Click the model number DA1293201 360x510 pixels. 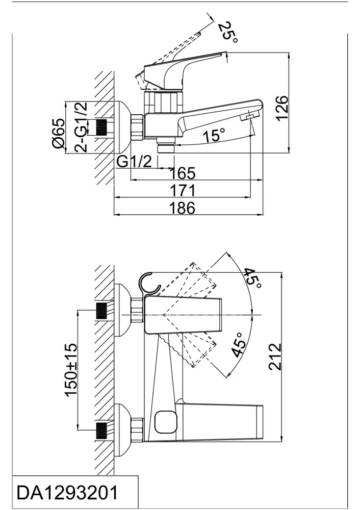[x=68, y=493]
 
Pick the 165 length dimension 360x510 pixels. [x=183, y=173]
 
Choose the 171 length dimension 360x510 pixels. [x=183, y=191]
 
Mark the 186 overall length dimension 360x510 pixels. [x=183, y=208]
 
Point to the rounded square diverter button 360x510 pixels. [x=164, y=422]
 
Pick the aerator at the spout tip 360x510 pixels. [x=248, y=118]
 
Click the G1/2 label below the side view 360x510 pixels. [x=135, y=162]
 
